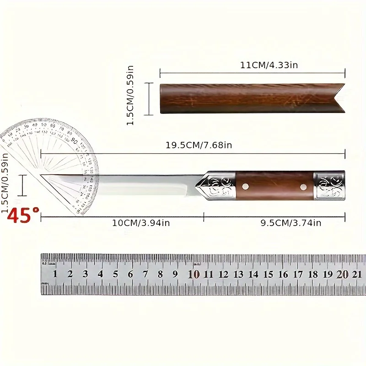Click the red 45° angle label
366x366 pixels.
[23, 215]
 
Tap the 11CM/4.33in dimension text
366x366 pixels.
[269, 65]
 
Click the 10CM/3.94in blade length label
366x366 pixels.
[135, 223]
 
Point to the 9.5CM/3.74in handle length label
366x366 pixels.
[291, 223]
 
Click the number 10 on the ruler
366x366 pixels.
[194, 274]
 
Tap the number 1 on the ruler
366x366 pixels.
[55, 274]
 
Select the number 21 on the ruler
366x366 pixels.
[357, 274]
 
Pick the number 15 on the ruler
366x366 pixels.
[268, 274]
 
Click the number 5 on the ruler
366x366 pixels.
[115, 274]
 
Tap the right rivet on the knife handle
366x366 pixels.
[302, 186]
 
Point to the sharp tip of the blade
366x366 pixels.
[42, 175]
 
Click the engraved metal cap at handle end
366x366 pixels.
[329, 186]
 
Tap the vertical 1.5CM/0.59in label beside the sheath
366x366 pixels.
[130, 95]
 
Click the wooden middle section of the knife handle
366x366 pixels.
[274, 186]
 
